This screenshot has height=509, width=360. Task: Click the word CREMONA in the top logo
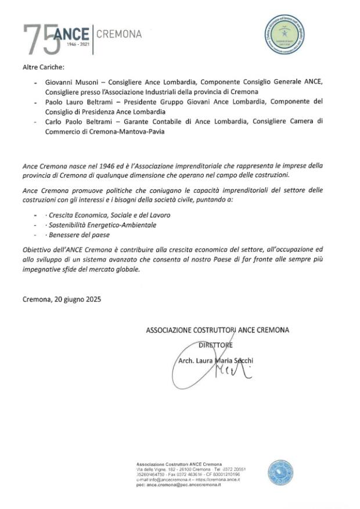click(x=118, y=34)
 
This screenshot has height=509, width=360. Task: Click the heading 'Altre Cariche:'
click(x=44, y=68)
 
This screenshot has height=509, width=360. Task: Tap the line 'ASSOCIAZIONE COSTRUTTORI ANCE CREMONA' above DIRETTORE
click(x=217, y=330)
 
